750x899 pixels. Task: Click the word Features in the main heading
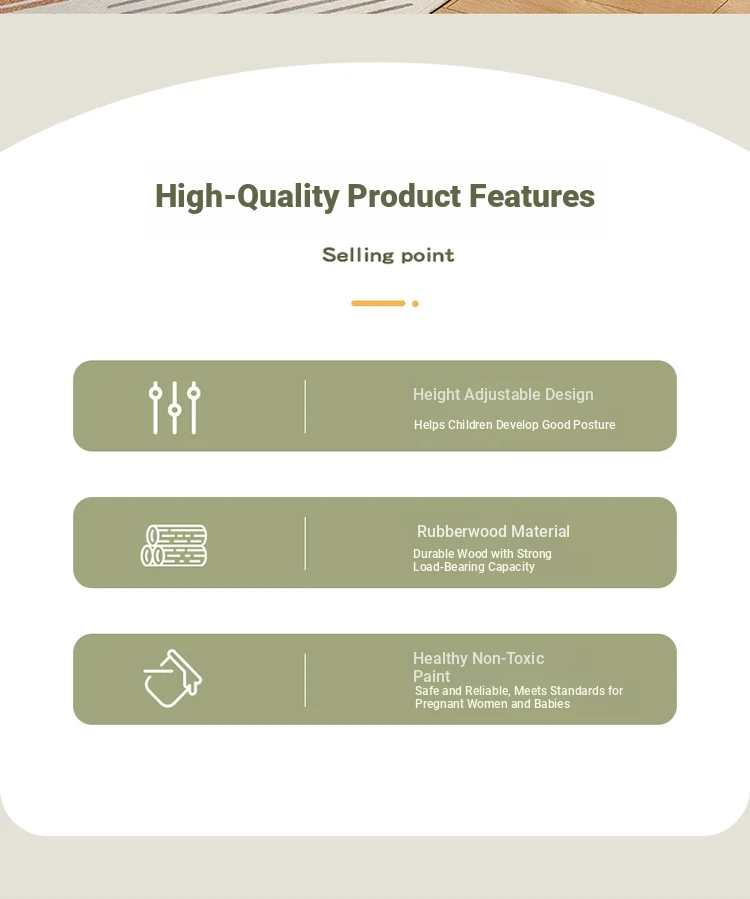532,196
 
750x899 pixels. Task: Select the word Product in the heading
404,196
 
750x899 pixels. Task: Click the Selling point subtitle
388,255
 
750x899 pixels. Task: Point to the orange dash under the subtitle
378,303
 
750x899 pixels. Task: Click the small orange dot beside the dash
415,304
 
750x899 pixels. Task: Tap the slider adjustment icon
174,407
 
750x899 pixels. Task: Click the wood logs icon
174,545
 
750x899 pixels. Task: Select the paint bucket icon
173,678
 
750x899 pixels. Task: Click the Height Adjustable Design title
503,394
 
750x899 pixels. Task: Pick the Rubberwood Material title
493,531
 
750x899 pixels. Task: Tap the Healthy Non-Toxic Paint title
478,667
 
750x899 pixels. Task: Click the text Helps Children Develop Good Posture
514,425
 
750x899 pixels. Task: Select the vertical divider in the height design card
305,406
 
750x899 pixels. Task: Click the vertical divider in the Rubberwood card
305,544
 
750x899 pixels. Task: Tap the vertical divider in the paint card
305,680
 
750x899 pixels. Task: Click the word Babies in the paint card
552,703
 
